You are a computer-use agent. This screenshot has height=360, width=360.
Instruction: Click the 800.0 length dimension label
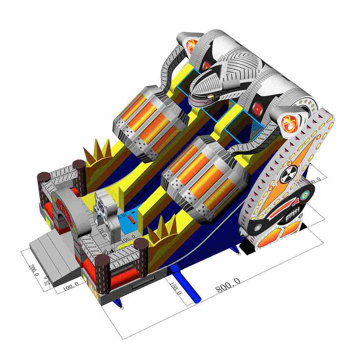point(228,284)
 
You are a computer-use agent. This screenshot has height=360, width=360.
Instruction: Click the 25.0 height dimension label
point(46,280)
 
